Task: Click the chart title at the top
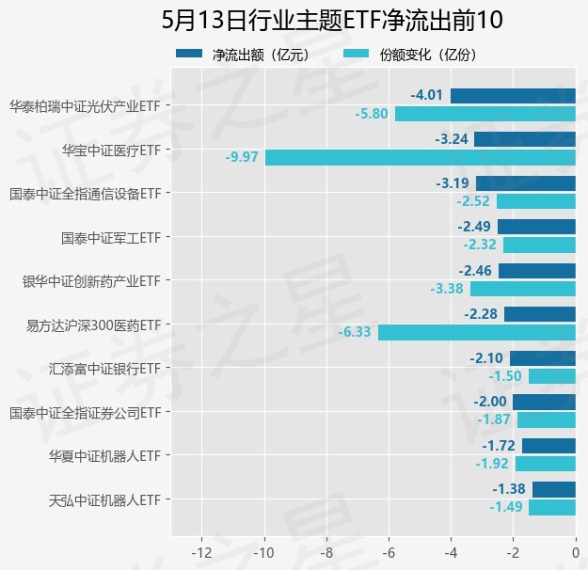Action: pos(332,20)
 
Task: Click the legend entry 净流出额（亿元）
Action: pos(244,55)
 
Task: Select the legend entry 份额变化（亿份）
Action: pos(410,55)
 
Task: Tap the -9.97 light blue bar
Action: pos(421,157)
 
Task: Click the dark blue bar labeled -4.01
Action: pos(513,96)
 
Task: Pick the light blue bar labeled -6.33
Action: pos(477,333)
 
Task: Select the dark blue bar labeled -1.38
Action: pos(554,489)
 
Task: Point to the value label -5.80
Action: pos(372,114)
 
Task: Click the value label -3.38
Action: pos(447,289)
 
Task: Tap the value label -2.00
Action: pos(490,402)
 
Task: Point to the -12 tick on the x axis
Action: pos(201,553)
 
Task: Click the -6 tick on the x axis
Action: pos(389,553)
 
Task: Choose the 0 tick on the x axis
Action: pos(576,553)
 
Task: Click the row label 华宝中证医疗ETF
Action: pos(111,150)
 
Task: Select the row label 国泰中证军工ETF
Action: pos(111,238)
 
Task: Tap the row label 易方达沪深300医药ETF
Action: pos(94,325)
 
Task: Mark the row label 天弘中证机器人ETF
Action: pos(105,500)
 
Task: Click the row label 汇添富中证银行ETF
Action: pos(105,370)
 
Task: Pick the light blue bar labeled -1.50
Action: pos(552,376)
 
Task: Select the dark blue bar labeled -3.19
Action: pos(526,183)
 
